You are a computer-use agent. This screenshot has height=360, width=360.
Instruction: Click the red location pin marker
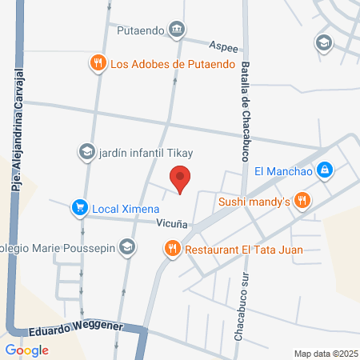[180, 178]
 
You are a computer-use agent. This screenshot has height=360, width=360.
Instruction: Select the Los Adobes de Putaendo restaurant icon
[98, 63]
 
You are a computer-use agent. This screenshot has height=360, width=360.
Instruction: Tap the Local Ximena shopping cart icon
[79, 208]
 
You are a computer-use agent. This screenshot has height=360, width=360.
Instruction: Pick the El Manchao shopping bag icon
[324, 170]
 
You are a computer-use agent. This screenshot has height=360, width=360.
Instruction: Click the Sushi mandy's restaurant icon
[301, 201]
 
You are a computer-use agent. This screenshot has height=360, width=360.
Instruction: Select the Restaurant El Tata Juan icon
[172, 249]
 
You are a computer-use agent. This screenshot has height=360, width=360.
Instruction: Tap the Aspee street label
[223, 46]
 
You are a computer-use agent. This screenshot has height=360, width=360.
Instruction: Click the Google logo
[26, 350]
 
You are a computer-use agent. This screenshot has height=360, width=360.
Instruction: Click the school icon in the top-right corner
[324, 42]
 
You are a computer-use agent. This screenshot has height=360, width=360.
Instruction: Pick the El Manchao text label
[282, 170]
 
